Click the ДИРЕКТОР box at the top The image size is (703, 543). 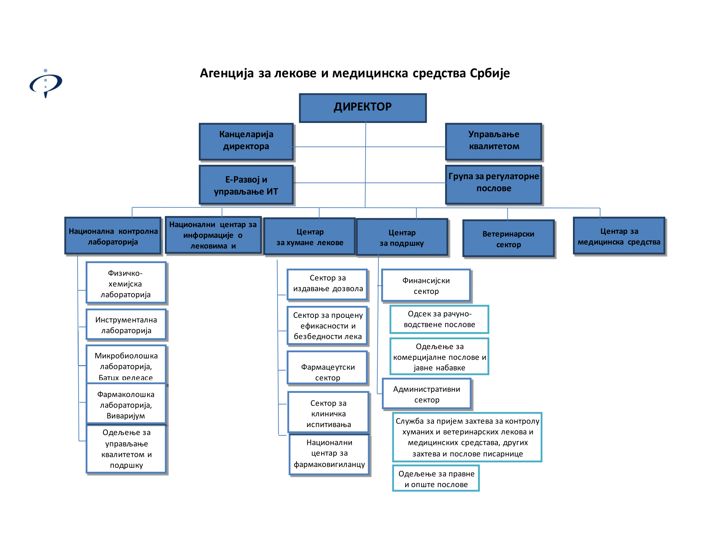pos(363,108)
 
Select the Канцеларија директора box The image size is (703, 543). pos(246,141)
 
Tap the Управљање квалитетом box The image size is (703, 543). pos(493,141)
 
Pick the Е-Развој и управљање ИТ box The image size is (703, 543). pos(246,185)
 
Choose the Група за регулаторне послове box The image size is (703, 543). pos(493,184)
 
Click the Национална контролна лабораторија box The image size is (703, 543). pos(113,236)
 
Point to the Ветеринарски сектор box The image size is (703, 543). pos(508,239)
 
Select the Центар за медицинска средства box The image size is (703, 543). pos(619,236)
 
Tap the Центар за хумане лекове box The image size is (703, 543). pos(310,236)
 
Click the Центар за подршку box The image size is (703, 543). pos(402,237)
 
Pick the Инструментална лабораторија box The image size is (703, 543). pos(126,325)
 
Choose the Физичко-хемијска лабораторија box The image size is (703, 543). pos(126,283)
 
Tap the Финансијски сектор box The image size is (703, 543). pos(426,285)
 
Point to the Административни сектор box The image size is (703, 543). pos(427,394)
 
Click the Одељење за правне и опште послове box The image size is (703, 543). pos(436,478)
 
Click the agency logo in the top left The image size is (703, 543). pos(46,84)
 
